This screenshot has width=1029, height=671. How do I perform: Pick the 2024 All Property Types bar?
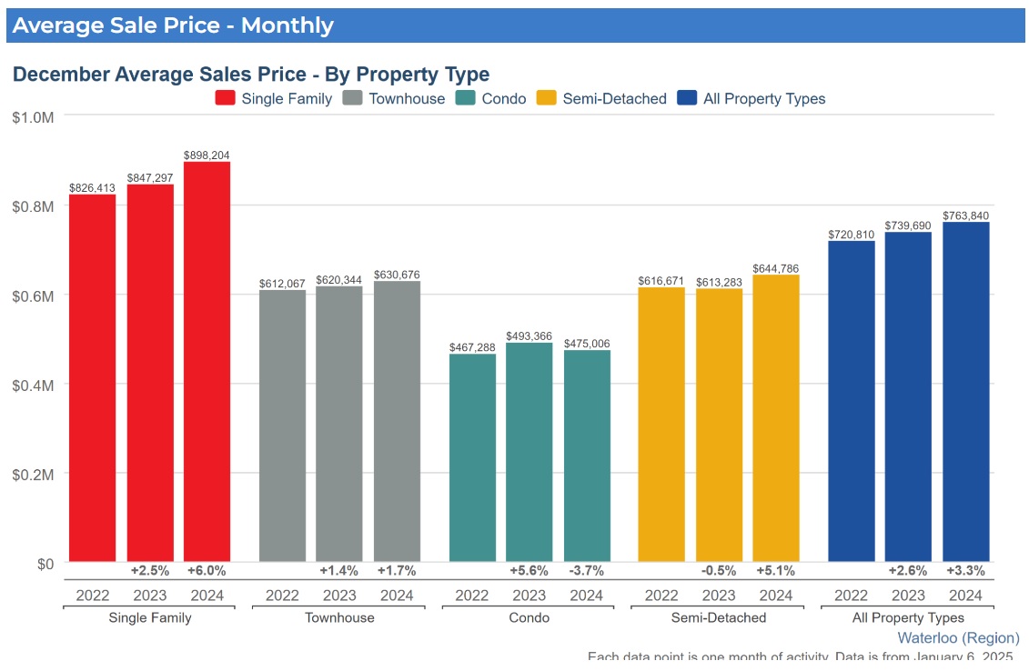(965, 392)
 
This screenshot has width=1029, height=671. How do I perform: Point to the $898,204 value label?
(207, 155)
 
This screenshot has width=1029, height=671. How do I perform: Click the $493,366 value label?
(530, 336)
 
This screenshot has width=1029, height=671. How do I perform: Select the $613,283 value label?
(719, 282)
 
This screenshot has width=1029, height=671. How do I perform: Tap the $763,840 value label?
(965, 215)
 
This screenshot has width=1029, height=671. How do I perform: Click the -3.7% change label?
(586, 571)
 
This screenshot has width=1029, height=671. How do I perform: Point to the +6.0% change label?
(207, 571)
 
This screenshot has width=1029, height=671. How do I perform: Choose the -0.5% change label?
(719, 571)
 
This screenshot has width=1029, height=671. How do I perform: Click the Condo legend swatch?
(466, 98)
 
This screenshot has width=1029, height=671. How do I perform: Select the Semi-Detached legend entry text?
(614, 98)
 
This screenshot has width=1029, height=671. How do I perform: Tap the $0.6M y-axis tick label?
(34, 295)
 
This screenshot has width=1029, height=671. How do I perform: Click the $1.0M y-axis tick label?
(34, 116)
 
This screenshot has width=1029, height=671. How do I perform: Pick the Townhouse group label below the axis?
(338, 617)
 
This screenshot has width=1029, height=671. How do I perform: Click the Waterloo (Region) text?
(958, 637)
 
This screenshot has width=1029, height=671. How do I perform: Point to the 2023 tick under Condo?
(530, 596)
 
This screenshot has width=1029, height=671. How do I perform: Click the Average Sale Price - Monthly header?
(173, 25)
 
